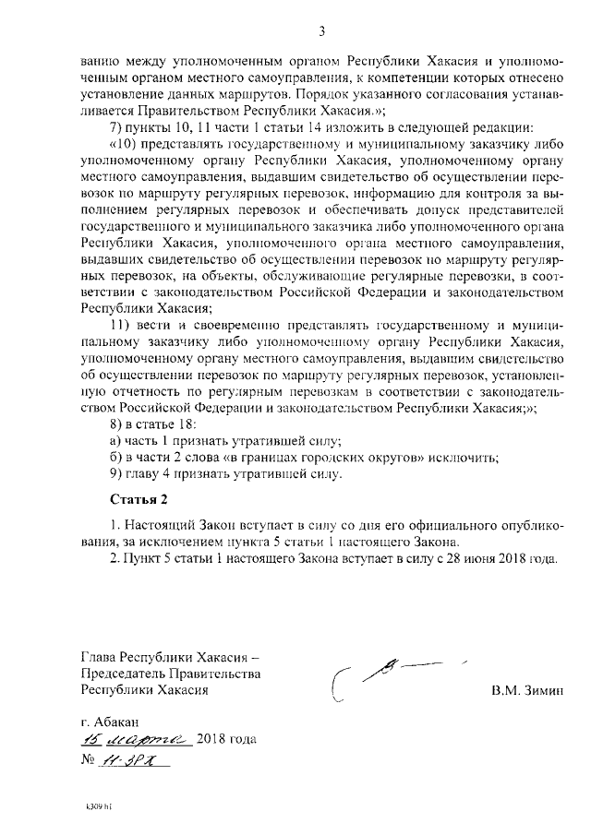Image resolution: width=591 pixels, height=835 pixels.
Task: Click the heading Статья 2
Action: (139, 501)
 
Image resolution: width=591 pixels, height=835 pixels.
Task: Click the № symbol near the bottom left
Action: (90, 761)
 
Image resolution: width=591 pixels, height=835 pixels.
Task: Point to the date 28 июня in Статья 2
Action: (454, 559)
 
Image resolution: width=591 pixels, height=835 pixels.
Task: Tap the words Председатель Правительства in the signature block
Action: (171, 674)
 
